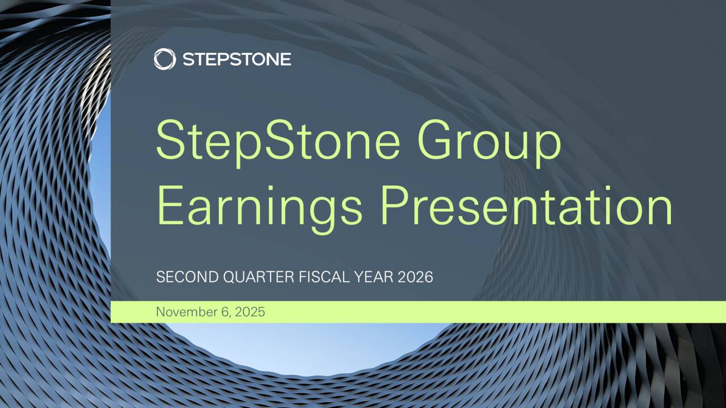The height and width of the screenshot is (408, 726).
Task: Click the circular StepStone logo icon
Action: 164,59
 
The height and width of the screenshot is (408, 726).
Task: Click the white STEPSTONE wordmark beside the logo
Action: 237,59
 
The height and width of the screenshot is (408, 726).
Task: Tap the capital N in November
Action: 161,312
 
